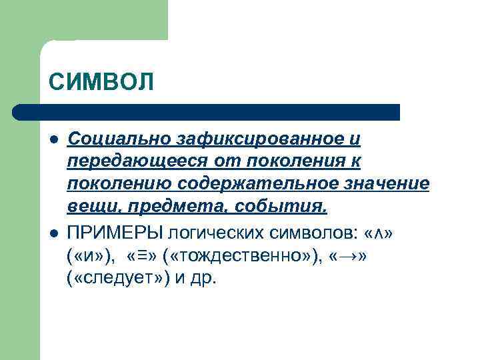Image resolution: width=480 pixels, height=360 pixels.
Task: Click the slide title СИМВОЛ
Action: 101,83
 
